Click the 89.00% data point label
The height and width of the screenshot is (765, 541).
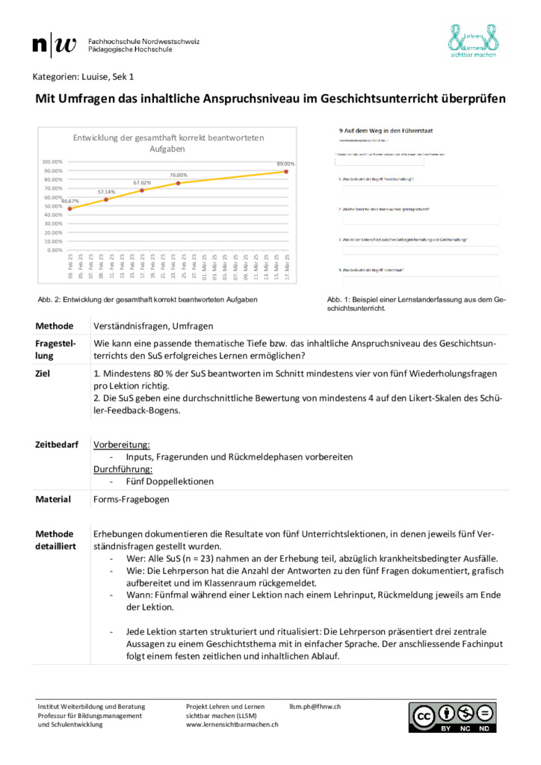[x=285, y=164]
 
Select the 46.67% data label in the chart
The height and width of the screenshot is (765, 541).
[x=69, y=201]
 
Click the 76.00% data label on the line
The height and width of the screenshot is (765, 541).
[x=178, y=175]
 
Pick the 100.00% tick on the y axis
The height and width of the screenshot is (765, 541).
[x=52, y=161]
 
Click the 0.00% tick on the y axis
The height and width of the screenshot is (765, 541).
[x=54, y=250]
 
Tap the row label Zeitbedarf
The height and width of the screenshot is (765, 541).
[x=57, y=444]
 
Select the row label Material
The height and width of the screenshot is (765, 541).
[x=53, y=499]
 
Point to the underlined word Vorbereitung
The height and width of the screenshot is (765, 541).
[x=121, y=444]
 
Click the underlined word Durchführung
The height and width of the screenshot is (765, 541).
[x=123, y=469]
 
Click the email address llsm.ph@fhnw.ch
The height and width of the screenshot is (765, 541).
[x=315, y=706]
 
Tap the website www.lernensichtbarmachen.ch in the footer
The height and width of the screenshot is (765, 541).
[x=232, y=724]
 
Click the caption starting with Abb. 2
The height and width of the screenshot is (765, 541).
[x=147, y=300]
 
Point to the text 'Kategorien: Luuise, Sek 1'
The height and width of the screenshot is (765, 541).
[x=83, y=76]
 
